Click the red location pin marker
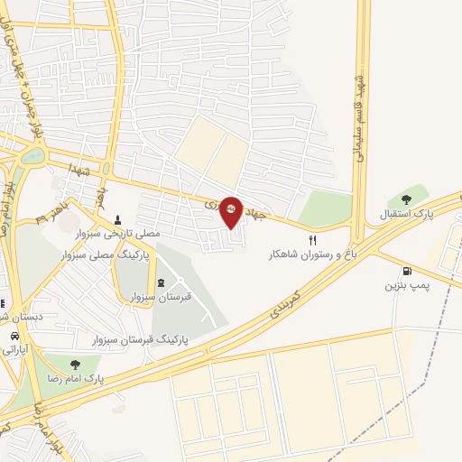click(231, 208)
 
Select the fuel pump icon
click(407, 271)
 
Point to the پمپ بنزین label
click(405, 286)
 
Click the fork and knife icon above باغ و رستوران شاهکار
click(313, 240)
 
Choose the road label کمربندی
click(289, 309)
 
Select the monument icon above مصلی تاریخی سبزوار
click(118, 219)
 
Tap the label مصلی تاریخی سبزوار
click(125, 234)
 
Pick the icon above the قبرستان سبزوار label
click(161, 282)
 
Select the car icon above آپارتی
click(14, 336)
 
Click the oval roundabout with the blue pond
click(32, 156)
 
